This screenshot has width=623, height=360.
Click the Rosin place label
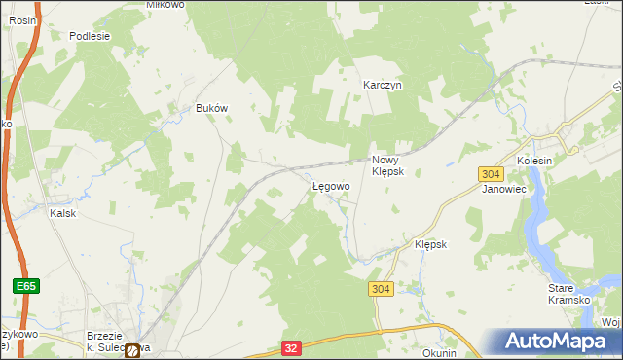[x=22, y=19]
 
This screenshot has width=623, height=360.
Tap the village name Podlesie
[x=90, y=36]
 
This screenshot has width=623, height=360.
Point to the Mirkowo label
[x=165, y=4]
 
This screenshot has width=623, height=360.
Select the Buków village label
[x=211, y=108]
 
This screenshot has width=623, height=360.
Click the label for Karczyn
[x=383, y=85]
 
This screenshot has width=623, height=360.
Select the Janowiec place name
[x=503, y=190]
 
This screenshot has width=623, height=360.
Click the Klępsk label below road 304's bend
[x=430, y=244]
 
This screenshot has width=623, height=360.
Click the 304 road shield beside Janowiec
[x=491, y=173]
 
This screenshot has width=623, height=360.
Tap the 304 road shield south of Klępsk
[x=382, y=289]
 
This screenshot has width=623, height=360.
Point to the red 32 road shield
[x=291, y=347]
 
